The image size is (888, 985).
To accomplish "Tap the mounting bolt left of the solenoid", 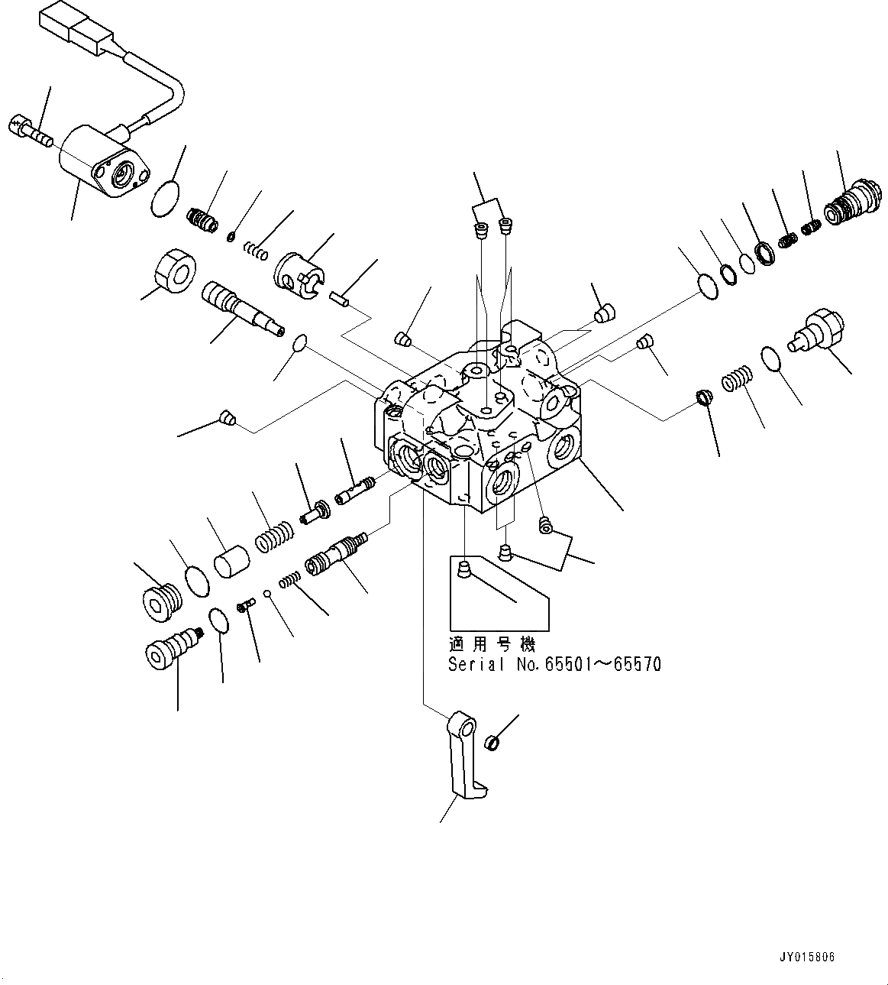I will [28, 130].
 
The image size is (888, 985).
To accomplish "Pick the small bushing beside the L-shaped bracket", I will [492, 741].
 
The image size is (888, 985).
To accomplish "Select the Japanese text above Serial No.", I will [492, 645].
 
